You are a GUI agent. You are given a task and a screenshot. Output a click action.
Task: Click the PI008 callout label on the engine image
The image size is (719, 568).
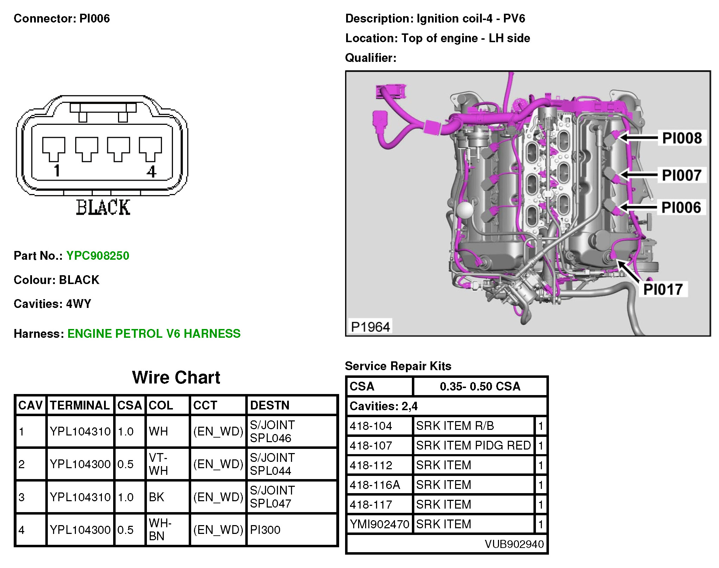coord(682,138)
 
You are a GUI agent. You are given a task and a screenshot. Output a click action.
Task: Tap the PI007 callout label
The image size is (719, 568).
coord(681,175)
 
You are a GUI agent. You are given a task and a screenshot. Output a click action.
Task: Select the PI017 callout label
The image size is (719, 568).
coord(663,289)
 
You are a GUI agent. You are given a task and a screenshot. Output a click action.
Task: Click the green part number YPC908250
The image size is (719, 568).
coord(98,256)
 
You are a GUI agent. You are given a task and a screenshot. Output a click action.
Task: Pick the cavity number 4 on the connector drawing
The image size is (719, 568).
coord(151,172)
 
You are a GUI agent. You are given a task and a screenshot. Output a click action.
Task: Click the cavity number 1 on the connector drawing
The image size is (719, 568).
coord(57,170)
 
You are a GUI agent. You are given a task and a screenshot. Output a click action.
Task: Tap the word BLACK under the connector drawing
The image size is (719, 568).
coord(103,207)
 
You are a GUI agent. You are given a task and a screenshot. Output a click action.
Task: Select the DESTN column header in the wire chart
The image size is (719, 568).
coord(270,405)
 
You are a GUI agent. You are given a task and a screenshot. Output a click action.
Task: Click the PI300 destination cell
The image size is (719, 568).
coord(265,530)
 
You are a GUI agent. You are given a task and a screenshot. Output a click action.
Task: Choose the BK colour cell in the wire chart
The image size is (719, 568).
coord(156,497)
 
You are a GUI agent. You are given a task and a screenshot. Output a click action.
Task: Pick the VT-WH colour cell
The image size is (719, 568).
coord(158,464)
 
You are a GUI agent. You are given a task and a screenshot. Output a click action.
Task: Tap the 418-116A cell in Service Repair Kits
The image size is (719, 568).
coord(375,485)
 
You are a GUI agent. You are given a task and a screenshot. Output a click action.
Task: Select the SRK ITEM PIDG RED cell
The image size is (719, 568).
coord(473,445)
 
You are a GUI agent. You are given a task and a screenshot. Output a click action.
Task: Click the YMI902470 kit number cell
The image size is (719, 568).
coord(379,524)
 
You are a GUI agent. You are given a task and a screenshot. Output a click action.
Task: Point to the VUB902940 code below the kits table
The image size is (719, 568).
coord(514,544)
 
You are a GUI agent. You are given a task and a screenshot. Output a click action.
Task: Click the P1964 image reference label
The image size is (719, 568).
coord(370,327)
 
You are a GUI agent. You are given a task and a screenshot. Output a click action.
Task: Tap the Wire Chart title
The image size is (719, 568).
coord(176,377)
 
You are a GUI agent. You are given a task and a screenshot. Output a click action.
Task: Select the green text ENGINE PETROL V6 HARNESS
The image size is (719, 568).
coord(154,333)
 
